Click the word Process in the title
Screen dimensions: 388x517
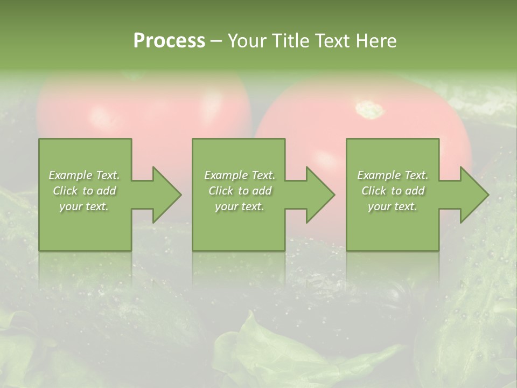pos(169,41)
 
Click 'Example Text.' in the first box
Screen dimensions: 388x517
pos(84,175)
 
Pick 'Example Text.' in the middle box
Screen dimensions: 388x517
pos(239,175)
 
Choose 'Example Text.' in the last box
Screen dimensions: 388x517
pos(393,175)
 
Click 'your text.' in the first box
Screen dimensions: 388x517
pos(84,206)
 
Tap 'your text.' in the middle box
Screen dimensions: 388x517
pos(239,206)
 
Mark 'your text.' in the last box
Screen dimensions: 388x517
pos(393,206)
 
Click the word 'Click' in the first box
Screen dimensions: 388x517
pos(66,191)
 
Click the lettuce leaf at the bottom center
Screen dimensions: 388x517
pos(269,350)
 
